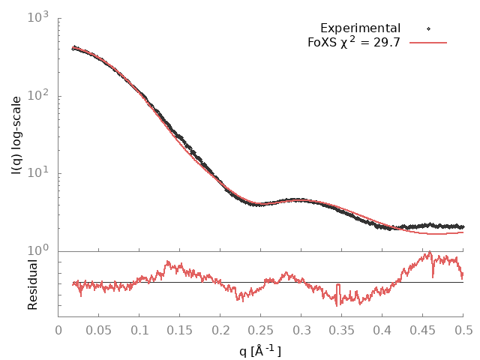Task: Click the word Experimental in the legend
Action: tap(360, 28)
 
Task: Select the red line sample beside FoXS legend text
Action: tap(428, 43)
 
